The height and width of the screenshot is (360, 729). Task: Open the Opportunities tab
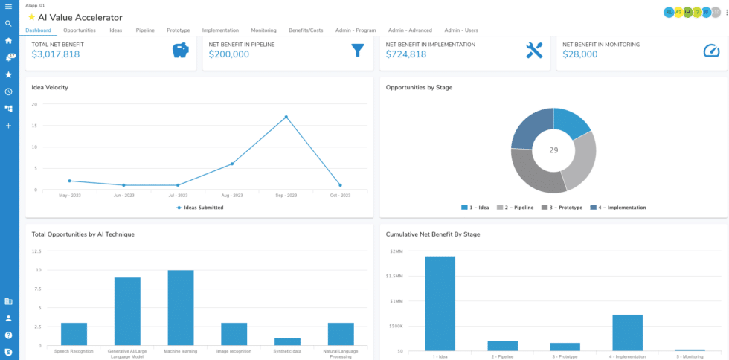point(79,30)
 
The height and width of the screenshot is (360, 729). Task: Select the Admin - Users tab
point(460,30)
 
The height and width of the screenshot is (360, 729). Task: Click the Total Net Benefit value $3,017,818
point(56,54)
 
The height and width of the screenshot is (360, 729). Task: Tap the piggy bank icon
point(180,51)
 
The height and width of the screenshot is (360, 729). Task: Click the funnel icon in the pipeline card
point(357,51)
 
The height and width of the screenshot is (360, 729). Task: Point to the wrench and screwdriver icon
point(534,51)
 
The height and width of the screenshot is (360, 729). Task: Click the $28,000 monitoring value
point(581,54)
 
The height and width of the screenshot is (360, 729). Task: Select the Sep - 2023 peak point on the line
point(286,117)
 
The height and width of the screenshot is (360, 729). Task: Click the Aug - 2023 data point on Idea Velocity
point(232,164)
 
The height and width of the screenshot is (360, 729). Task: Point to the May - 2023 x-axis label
point(70,196)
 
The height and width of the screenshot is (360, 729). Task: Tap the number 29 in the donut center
point(553,150)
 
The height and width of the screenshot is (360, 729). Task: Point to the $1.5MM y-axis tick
point(396,276)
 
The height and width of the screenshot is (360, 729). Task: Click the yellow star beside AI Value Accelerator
point(31,17)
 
